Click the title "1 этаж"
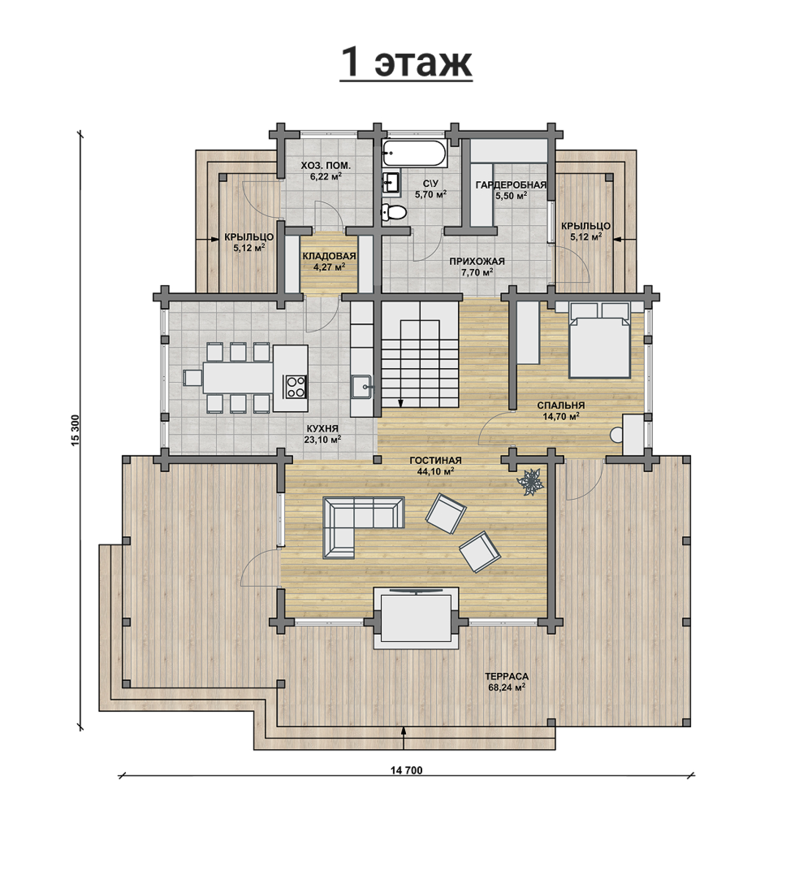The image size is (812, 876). (406, 63)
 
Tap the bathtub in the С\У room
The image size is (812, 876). (414, 153)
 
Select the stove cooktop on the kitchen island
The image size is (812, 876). (295, 387)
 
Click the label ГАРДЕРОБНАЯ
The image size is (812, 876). (511, 185)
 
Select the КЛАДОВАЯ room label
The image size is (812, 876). (329, 257)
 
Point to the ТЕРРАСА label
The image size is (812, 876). (507, 676)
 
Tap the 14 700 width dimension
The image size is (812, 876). (406, 771)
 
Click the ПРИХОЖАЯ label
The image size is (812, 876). (477, 261)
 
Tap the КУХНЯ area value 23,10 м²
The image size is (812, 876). (323, 440)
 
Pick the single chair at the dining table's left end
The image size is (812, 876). (193, 377)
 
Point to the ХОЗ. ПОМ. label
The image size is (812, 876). (325, 166)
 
